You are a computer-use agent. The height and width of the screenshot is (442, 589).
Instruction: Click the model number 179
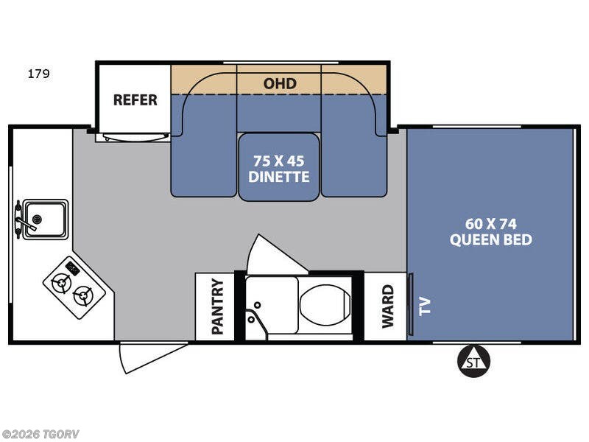pyautogui.click(x=38, y=74)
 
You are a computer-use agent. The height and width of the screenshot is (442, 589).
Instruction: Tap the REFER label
pyautogui.click(x=135, y=100)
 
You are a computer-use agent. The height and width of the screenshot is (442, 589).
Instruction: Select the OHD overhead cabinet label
pyautogui.click(x=280, y=83)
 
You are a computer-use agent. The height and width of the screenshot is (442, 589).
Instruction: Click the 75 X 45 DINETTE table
pyautogui.click(x=279, y=167)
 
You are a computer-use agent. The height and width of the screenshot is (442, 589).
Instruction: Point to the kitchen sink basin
pyautogui.click(x=46, y=220)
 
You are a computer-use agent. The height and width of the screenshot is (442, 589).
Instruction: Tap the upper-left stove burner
pyautogui.click(x=61, y=283)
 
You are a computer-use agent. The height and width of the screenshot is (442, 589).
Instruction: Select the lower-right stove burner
pyautogui.click(x=82, y=295)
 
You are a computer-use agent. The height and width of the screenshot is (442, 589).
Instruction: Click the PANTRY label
pyautogui.click(x=217, y=306)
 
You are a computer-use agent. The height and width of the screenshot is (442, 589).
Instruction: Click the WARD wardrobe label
pyautogui.click(x=388, y=306)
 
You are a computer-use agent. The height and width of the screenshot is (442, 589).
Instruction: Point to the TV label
pyautogui.click(x=425, y=306)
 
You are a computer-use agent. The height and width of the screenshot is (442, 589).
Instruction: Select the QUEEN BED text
pyautogui.click(x=491, y=239)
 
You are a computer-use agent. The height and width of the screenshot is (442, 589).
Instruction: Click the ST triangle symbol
pyautogui.click(x=473, y=361)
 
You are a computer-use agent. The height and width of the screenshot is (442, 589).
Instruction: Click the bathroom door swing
pyautogui.click(x=273, y=256)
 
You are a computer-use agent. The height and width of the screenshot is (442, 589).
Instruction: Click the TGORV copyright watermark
pyautogui.click(x=40, y=434)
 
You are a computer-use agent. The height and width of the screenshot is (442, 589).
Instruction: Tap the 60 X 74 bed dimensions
pyautogui.click(x=491, y=224)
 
